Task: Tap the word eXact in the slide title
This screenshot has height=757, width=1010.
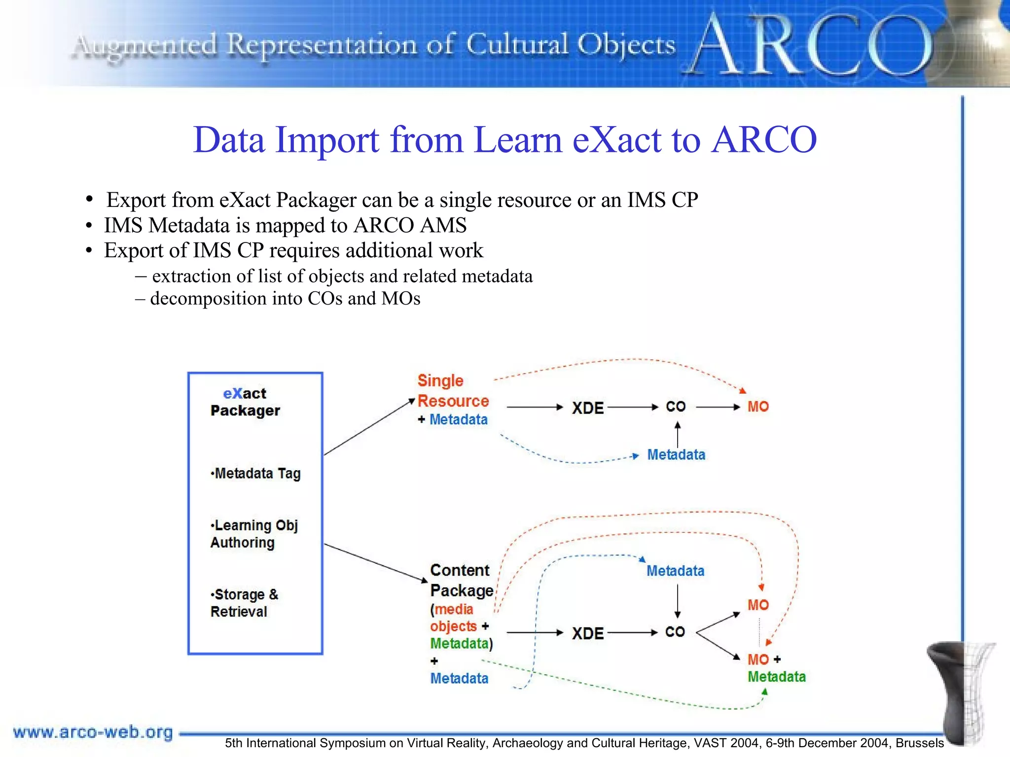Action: pyautogui.click(x=616, y=140)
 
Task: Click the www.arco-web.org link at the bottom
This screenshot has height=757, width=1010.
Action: pyautogui.click(x=93, y=732)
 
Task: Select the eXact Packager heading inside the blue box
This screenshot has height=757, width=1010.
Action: pyautogui.click(x=245, y=402)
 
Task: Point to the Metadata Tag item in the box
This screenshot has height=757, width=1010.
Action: pyautogui.click(x=256, y=474)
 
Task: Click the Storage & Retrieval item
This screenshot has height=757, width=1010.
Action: pyautogui.click(x=244, y=603)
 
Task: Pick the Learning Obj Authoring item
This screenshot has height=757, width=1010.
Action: pyautogui.click(x=254, y=534)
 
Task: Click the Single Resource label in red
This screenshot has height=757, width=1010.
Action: pyautogui.click(x=453, y=391)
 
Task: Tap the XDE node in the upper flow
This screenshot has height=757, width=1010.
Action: pyautogui.click(x=587, y=408)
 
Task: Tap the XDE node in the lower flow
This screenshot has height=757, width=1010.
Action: pyautogui.click(x=587, y=633)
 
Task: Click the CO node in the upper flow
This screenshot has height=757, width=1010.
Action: pyautogui.click(x=676, y=407)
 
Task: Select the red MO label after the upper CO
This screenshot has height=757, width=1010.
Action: pyautogui.click(x=758, y=407)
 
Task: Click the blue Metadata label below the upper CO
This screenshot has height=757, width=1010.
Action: pyautogui.click(x=676, y=454)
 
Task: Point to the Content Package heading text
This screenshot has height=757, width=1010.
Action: pyautogui.click(x=461, y=580)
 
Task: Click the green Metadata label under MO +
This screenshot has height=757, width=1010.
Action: pyautogui.click(x=776, y=677)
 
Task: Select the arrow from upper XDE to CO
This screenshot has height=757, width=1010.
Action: pyautogui.click(x=633, y=407)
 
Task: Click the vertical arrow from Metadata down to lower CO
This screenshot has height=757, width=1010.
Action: pyautogui.click(x=677, y=601)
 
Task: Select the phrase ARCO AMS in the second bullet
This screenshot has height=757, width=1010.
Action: pyautogui.click(x=410, y=226)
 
